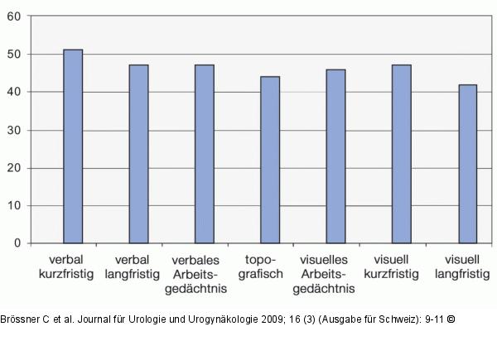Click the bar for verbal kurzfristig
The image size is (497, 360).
click(x=73, y=146)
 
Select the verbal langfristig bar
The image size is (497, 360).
click(x=139, y=154)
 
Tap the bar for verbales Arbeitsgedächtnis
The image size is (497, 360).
click(x=205, y=154)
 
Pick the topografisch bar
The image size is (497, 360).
click(x=270, y=160)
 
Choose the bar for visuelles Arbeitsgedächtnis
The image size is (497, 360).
click(x=336, y=156)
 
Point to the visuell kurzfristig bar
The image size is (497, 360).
click(x=402, y=154)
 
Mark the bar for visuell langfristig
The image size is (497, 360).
click(x=468, y=164)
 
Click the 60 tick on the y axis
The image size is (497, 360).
click(x=14, y=17)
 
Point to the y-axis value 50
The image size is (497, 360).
click(x=14, y=54)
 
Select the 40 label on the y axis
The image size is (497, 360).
click(x=14, y=92)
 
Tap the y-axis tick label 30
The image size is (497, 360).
click(x=14, y=130)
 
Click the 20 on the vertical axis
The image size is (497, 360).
click(x=14, y=168)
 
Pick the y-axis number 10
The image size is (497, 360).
click(x=14, y=205)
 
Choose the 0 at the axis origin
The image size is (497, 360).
click(x=17, y=242)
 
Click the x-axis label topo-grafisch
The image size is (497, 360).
click(x=261, y=267)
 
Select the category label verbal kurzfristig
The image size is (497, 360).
click(x=66, y=267)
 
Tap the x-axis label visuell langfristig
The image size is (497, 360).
click(x=462, y=267)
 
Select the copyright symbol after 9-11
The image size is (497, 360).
click(x=451, y=319)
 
